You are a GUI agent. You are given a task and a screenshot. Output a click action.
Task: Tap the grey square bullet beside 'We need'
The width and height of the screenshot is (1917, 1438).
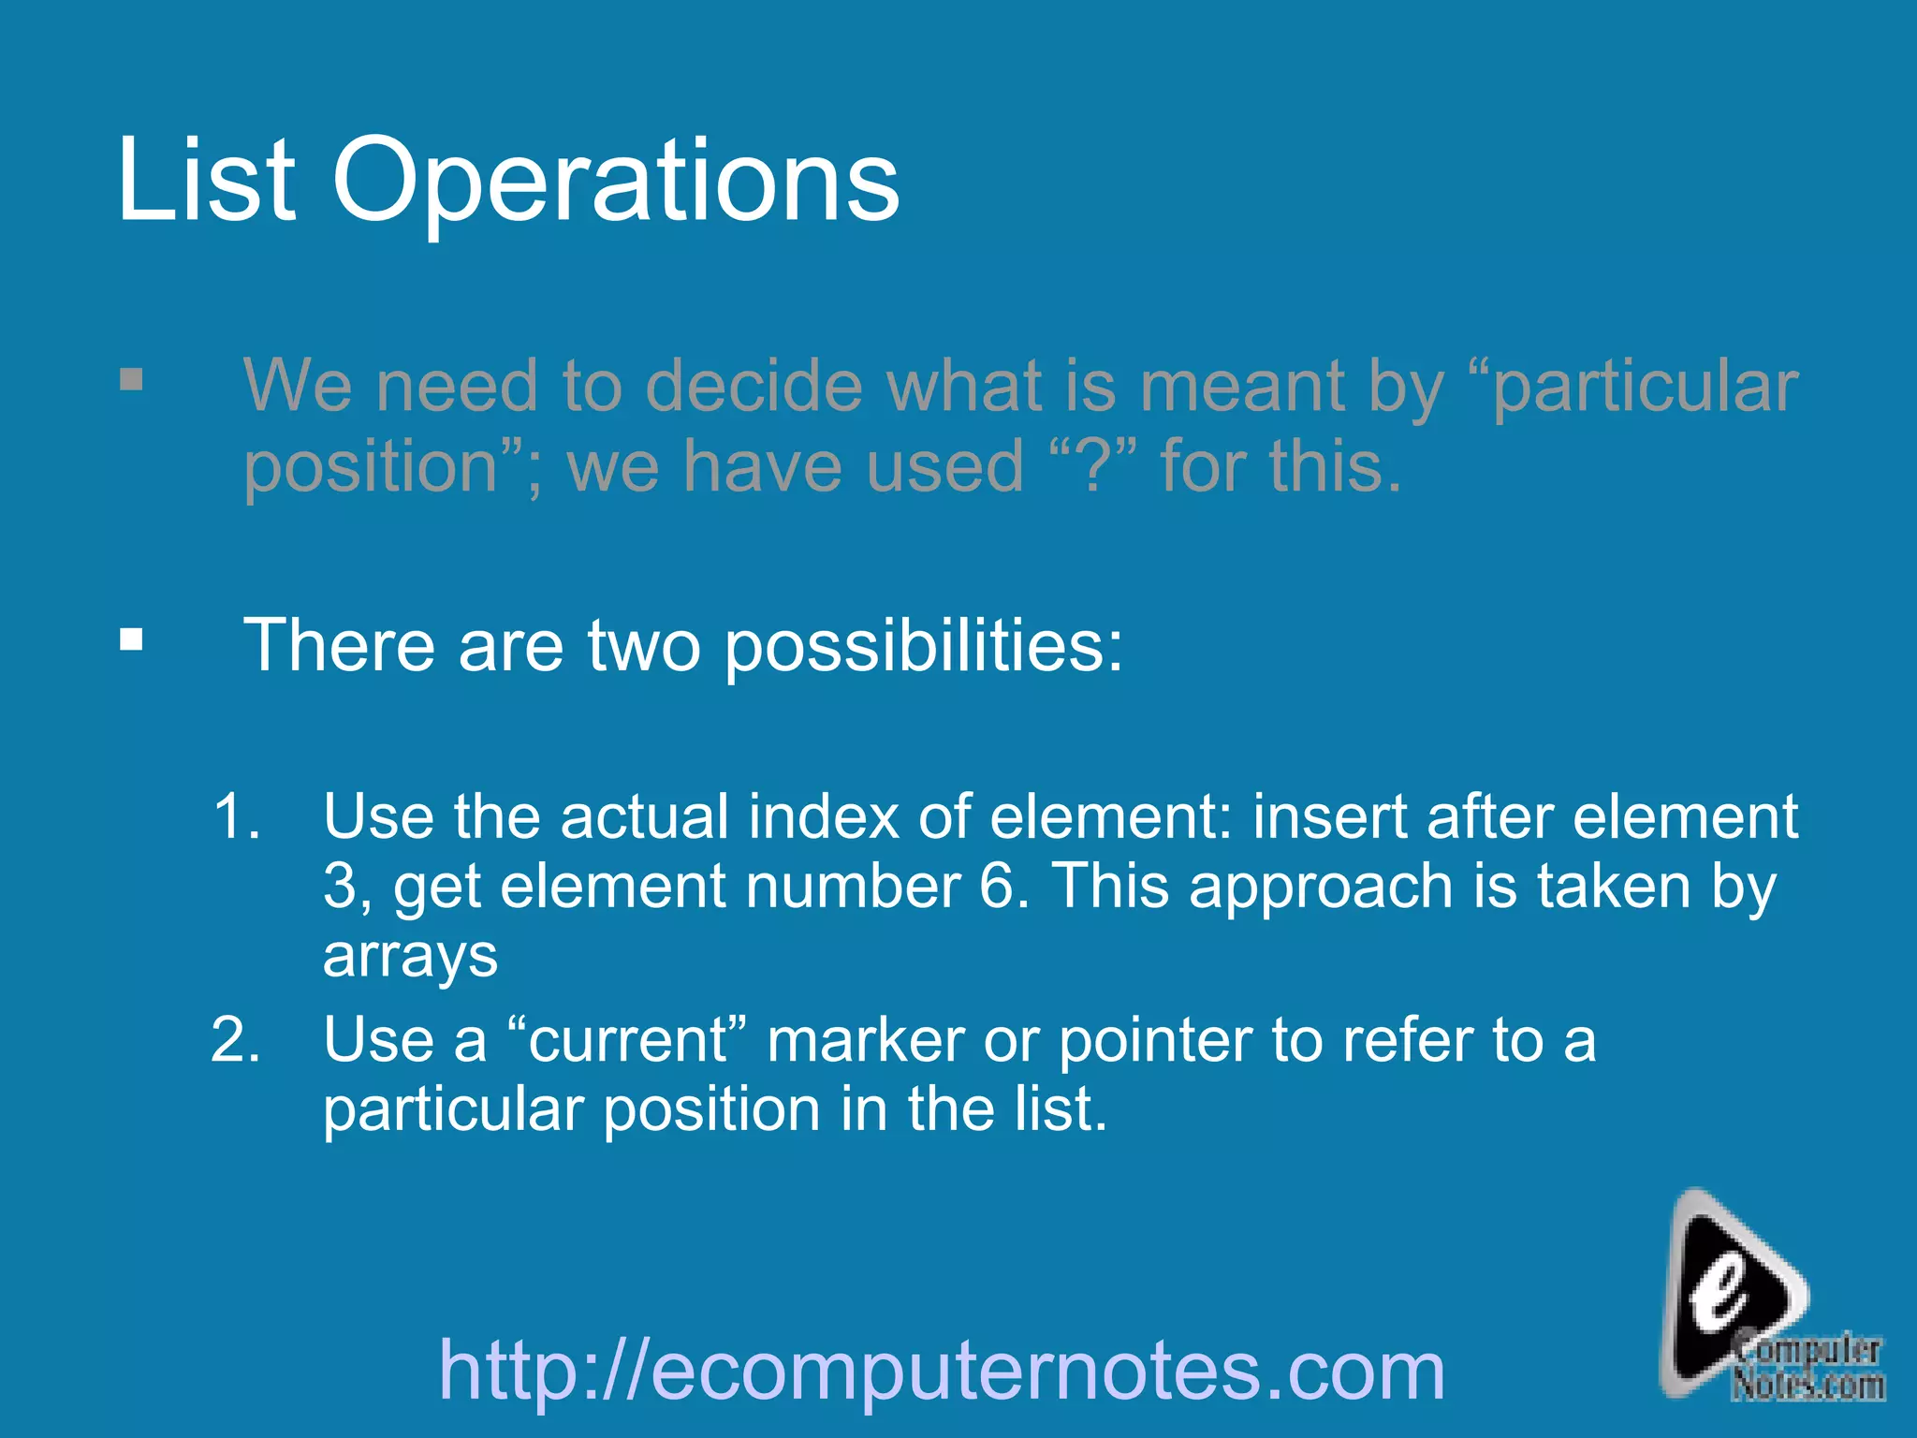pos(132,380)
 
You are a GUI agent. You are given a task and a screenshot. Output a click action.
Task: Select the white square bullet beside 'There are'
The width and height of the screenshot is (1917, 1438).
pos(132,640)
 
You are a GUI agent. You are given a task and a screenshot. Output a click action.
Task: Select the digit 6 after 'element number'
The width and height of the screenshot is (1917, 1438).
pos(996,886)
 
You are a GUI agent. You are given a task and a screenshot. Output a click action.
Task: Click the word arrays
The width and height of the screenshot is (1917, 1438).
pos(410,957)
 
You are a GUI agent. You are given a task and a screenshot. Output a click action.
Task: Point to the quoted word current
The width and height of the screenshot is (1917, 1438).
pos(628,1041)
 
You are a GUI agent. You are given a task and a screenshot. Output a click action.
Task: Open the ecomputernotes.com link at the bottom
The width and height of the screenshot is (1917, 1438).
pos(942,1371)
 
